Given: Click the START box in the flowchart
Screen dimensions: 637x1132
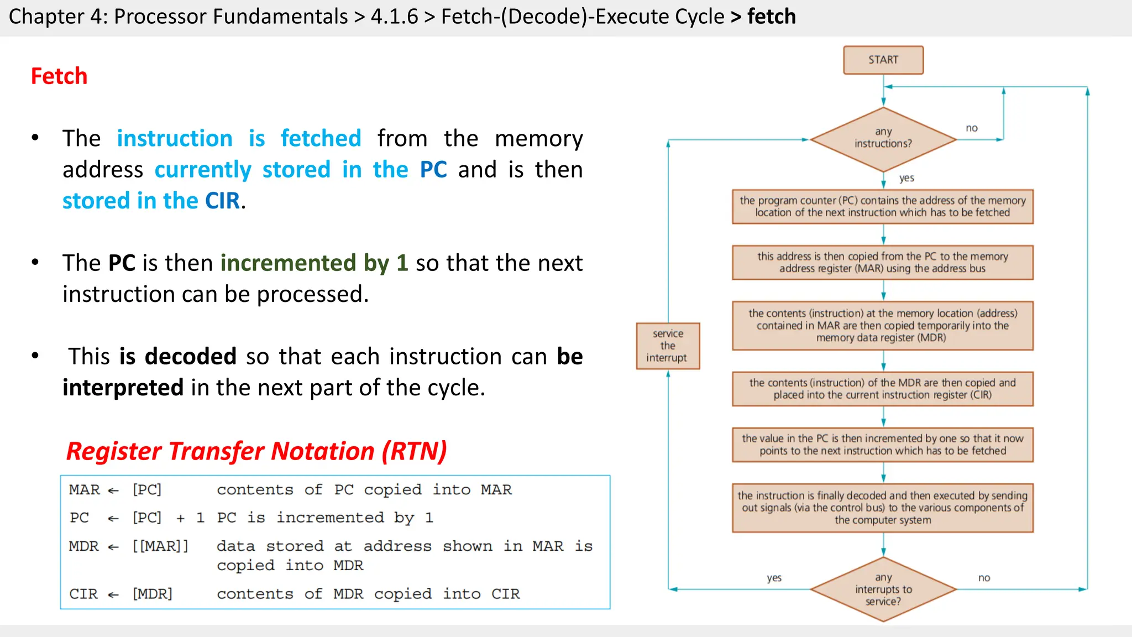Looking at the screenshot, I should point(883,60).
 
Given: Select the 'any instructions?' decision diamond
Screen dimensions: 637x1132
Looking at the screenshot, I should point(883,138).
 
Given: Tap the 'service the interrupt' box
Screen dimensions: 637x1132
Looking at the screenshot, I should point(668,346).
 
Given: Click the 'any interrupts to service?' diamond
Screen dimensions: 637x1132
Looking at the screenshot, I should point(883,589).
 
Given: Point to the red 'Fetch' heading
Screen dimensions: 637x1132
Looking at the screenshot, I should point(59,76).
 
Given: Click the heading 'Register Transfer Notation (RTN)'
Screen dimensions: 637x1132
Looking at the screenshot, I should point(256,451).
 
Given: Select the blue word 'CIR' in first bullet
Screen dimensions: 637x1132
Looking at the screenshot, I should point(222,201).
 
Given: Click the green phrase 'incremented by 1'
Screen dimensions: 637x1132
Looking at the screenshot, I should point(314,263).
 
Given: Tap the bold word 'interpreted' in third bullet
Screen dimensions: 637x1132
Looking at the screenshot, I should point(123,388).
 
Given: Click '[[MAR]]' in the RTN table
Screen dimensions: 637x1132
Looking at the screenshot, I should point(160,546).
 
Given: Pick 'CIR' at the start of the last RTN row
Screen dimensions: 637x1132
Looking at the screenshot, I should point(83,594).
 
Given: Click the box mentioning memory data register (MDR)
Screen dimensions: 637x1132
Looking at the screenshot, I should point(882,326).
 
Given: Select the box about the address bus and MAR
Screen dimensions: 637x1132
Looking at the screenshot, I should point(882,263).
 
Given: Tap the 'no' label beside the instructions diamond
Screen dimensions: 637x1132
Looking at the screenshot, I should point(971,128).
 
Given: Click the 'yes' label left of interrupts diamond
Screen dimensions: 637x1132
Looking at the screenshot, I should point(774,578).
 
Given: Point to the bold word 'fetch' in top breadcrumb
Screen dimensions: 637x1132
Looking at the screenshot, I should point(771,17).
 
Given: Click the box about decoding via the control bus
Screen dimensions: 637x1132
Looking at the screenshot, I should point(882,508).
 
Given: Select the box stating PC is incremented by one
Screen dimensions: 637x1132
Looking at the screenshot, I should point(882,445).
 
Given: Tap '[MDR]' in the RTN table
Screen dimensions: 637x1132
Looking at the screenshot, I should point(153,594).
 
